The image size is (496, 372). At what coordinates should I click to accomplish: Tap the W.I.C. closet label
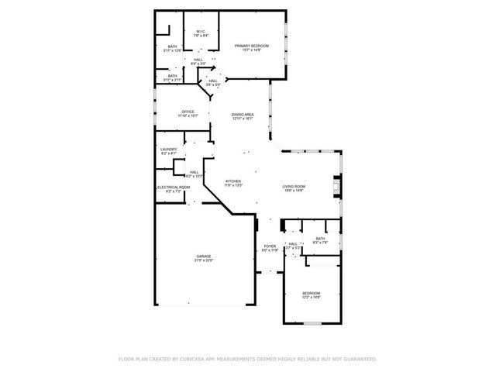(200, 32)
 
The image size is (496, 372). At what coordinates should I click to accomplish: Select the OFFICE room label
(188, 112)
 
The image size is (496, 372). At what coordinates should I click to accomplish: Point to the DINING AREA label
(243, 115)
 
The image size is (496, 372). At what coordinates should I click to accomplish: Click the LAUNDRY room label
(168, 150)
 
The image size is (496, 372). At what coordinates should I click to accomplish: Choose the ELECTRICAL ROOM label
(173, 187)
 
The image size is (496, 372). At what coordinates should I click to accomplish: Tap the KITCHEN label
(233, 181)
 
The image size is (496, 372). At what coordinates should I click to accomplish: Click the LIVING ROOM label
(293, 186)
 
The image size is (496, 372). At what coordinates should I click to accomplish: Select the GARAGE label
(203, 257)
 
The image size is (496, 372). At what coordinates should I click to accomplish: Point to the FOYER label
(269, 246)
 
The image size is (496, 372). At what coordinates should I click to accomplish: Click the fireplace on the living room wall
(336, 187)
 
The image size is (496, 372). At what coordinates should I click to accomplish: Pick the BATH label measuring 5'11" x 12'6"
(172, 46)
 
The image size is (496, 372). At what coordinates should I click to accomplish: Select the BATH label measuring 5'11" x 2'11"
(172, 76)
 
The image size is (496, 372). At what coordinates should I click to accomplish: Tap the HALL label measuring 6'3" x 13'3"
(194, 172)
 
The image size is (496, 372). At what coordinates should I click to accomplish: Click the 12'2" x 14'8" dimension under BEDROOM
(311, 297)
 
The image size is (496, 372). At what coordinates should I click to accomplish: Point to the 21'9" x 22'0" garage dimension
(203, 260)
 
